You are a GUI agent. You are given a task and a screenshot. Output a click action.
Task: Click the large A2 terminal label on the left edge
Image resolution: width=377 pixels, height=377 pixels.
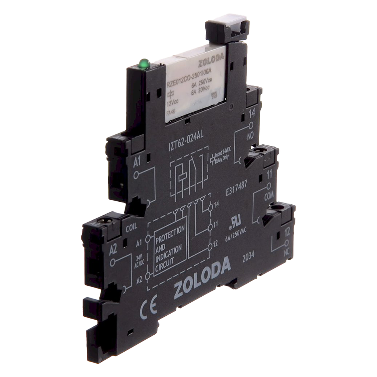113,249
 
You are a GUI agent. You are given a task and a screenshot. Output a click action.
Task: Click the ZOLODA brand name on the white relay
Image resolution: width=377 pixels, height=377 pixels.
211,62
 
